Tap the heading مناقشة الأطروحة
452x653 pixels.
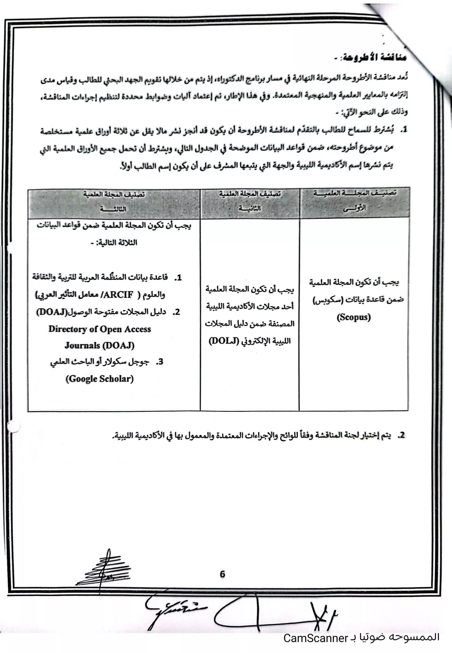click(374, 58)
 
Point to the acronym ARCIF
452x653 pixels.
click(119, 295)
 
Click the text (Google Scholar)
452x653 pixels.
click(100, 379)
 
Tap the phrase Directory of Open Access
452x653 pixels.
click(100, 329)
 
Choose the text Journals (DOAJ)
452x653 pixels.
click(100, 345)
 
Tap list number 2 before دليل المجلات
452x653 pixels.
click(177, 312)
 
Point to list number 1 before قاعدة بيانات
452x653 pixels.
click(178, 278)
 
